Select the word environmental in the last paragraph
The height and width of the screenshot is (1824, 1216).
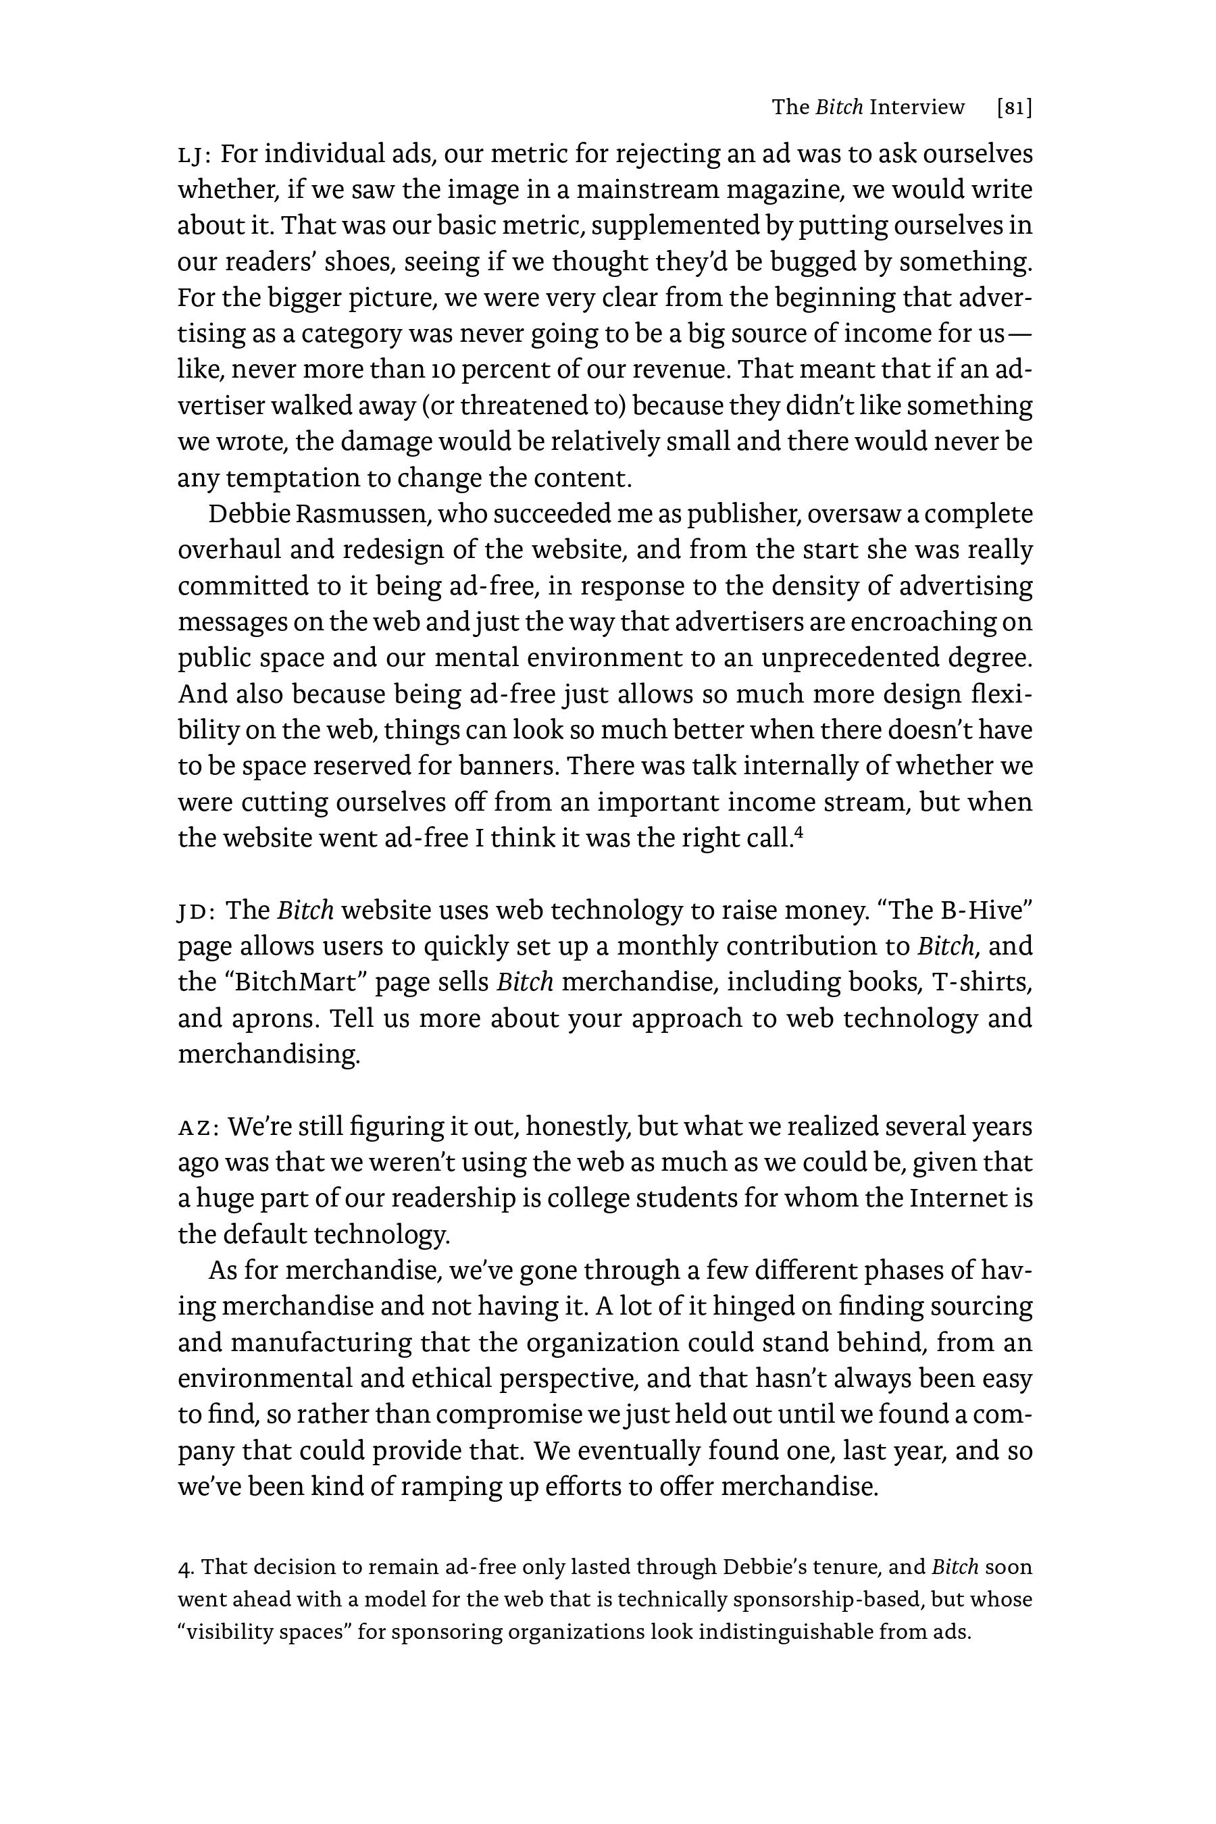[260, 1379]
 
